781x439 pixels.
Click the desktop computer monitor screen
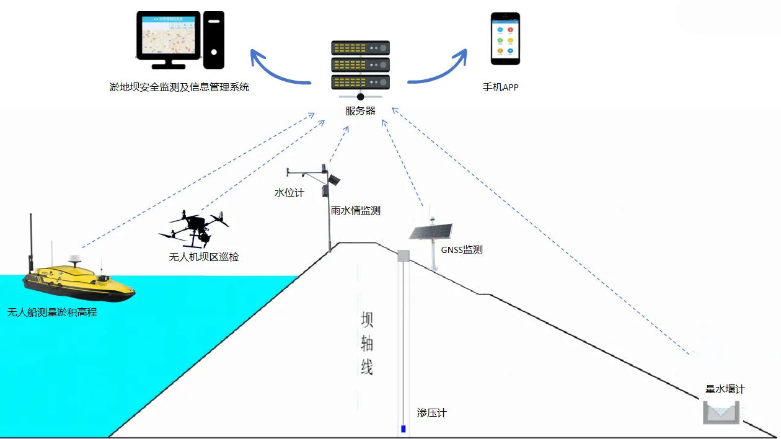click(169, 37)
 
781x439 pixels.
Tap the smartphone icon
click(505, 38)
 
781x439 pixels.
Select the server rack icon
click(360, 65)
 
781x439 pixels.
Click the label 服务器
click(360, 111)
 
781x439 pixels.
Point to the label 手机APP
click(500, 87)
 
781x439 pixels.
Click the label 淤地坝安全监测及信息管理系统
click(179, 87)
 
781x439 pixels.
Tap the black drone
click(193, 227)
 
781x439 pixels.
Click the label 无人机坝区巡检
click(203, 256)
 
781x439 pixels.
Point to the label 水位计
click(289, 193)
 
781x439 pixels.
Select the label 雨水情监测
click(355, 211)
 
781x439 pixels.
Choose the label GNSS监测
click(462, 250)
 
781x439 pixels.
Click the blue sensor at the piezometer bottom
click(404, 428)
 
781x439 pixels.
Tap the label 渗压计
click(431, 412)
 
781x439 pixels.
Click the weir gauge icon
click(721, 413)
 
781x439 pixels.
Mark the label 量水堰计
click(725, 389)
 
